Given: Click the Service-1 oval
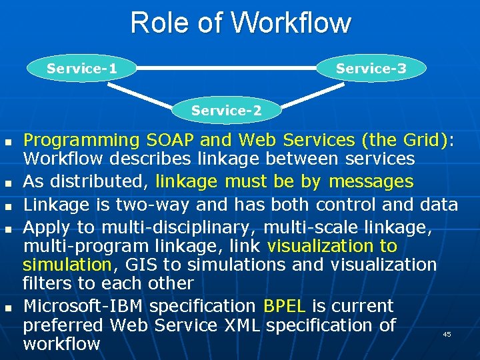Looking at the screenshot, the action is click(x=82, y=69).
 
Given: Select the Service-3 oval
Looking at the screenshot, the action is click(x=371, y=69).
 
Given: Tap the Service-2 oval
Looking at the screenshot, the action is click(x=227, y=110).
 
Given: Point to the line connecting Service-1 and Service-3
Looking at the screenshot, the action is click(x=227, y=67).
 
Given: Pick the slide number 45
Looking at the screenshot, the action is click(x=447, y=334).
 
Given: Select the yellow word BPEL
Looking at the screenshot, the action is click(x=285, y=307).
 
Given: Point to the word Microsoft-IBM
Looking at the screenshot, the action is click(x=84, y=307).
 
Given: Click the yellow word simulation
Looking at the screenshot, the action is click(x=67, y=265).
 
